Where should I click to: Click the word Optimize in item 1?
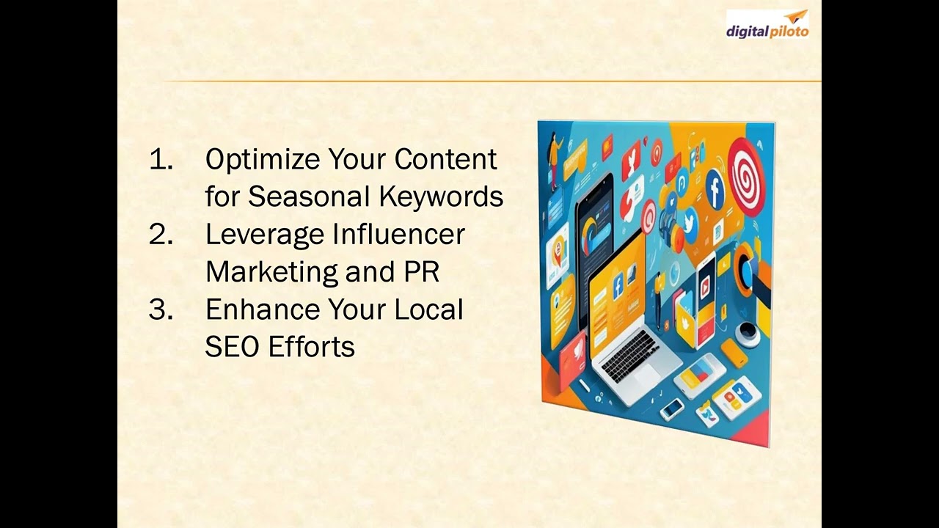click(x=263, y=160)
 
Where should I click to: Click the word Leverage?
click(x=264, y=235)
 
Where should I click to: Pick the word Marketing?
click(x=271, y=273)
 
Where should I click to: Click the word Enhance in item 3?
click(x=263, y=309)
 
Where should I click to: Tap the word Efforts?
click(x=312, y=347)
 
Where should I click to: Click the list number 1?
click(x=161, y=160)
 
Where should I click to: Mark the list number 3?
click(x=161, y=309)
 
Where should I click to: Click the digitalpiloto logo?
click(x=767, y=24)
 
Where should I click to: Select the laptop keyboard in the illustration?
click(x=630, y=356)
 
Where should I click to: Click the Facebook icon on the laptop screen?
click(x=618, y=287)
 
